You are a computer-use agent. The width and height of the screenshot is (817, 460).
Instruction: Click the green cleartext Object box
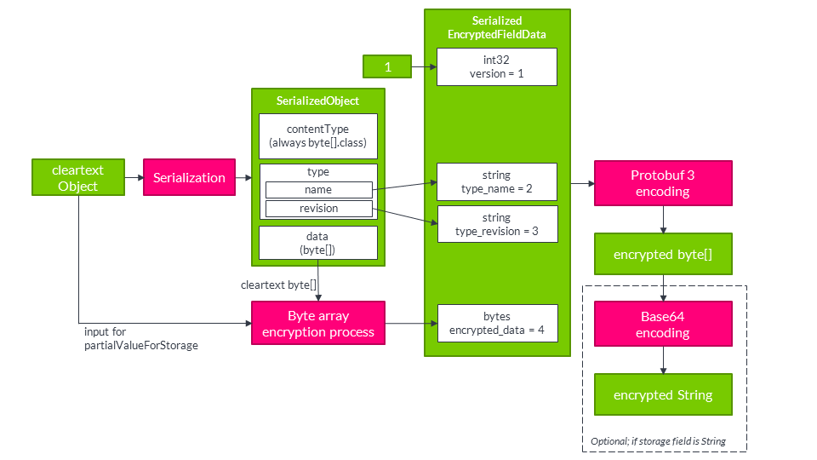(78, 178)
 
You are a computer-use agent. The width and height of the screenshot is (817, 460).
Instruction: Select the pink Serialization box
(189, 178)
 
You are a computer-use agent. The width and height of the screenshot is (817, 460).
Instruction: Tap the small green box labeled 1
(387, 66)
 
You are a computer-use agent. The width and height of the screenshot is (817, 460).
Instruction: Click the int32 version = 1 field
(497, 66)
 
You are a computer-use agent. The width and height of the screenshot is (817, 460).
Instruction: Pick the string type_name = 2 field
(497, 181)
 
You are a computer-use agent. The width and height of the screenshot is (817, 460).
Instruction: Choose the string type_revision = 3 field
(497, 224)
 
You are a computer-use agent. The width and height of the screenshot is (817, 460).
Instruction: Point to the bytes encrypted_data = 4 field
(497, 323)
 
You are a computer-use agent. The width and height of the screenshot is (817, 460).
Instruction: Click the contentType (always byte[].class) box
(317, 136)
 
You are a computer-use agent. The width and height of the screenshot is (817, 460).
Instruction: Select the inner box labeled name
(318, 190)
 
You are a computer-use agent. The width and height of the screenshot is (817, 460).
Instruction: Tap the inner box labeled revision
(318, 209)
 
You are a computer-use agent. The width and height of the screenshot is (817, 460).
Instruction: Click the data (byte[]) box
(317, 243)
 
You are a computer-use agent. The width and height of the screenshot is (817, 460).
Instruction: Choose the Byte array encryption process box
(318, 323)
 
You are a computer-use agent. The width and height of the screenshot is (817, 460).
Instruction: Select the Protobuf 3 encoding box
(662, 183)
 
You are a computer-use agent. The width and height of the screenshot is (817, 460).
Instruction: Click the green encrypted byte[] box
(662, 255)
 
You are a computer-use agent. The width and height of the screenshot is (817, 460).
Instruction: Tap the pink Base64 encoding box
(662, 324)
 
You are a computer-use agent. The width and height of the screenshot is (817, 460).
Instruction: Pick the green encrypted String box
(662, 395)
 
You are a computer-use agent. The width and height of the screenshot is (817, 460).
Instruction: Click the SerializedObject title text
(317, 101)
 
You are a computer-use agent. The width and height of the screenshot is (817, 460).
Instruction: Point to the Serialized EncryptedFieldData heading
(497, 26)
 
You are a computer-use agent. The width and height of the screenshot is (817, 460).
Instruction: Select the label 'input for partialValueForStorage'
(140, 338)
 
